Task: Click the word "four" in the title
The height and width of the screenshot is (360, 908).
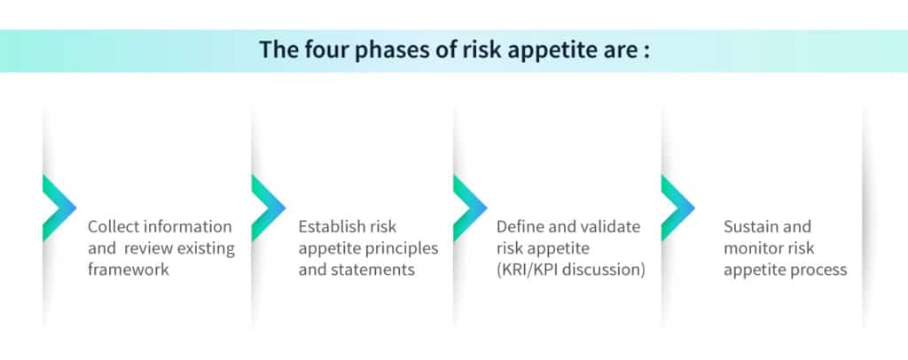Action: tap(321, 50)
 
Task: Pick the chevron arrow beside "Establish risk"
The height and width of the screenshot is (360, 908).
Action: tap(268, 207)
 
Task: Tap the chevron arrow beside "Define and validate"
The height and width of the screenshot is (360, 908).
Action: tap(470, 207)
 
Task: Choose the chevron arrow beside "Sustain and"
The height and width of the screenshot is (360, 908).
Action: tap(677, 207)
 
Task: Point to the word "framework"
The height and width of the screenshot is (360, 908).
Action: tap(129, 270)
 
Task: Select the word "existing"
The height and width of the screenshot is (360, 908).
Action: tap(206, 247)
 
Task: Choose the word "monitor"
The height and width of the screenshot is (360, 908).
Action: tap(752, 248)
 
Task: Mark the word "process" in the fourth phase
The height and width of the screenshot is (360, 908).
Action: tap(818, 270)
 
